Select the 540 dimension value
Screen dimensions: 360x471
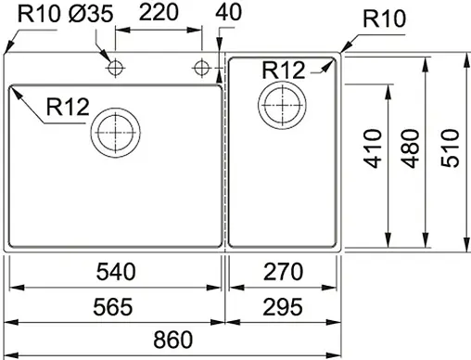[x=117, y=272]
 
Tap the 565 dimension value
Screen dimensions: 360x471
[x=117, y=305]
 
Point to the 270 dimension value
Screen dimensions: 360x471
[x=283, y=272]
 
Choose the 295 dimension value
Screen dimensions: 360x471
[x=283, y=305]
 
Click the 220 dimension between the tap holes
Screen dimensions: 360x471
[x=159, y=14]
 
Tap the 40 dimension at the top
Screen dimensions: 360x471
[x=225, y=13]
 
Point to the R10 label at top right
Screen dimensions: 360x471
[x=381, y=19]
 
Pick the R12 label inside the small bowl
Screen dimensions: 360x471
[x=283, y=71]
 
